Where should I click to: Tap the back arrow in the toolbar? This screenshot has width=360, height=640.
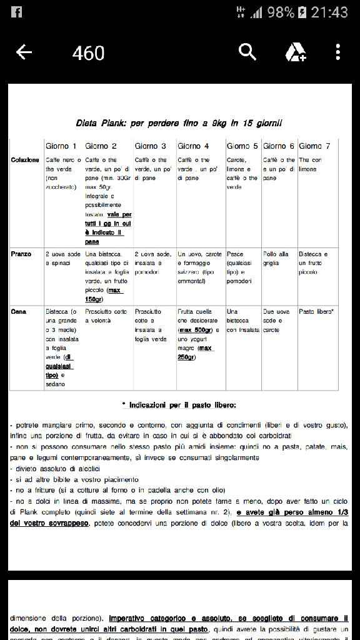24,52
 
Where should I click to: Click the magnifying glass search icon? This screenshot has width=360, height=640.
247,52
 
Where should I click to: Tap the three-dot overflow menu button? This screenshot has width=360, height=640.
337,52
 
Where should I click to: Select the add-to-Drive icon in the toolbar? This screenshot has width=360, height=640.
295,52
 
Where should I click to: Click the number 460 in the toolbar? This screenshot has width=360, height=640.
88,53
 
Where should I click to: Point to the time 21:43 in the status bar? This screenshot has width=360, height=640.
329,12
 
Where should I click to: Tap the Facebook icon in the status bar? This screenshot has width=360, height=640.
16,12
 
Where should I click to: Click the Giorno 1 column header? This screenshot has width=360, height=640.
61,146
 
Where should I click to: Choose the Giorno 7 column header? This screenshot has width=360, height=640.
314,146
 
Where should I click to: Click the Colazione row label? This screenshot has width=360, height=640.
25,161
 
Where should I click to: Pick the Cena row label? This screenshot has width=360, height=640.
18,311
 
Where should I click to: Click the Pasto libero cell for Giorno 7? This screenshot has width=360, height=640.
316,311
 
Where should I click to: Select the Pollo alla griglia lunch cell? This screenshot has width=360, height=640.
276,258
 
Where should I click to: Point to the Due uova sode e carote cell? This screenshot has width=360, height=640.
276,320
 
